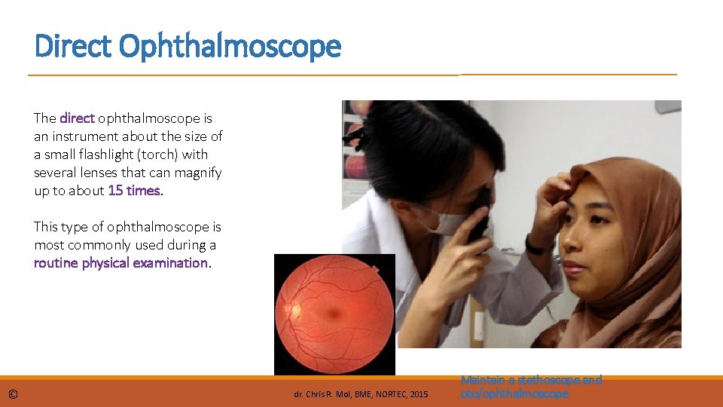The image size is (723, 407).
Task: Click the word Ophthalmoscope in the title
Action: pos(230,47)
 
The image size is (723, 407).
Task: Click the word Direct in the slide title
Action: pos(74,47)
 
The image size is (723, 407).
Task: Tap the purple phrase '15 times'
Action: pos(135,191)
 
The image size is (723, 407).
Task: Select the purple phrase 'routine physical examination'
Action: pos(120,263)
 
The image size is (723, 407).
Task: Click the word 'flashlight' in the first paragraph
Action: pos(144,155)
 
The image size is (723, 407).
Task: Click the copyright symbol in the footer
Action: pos(14,394)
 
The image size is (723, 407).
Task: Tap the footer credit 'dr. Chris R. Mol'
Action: pos(316,394)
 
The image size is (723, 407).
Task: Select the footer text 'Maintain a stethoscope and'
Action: pos(531,381)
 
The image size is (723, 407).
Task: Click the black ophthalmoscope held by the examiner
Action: pos(479,219)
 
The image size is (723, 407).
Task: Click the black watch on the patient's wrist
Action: pos(535,245)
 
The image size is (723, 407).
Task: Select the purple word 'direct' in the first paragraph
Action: pos(77,118)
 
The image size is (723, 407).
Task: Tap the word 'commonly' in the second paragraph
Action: pos(93,245)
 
